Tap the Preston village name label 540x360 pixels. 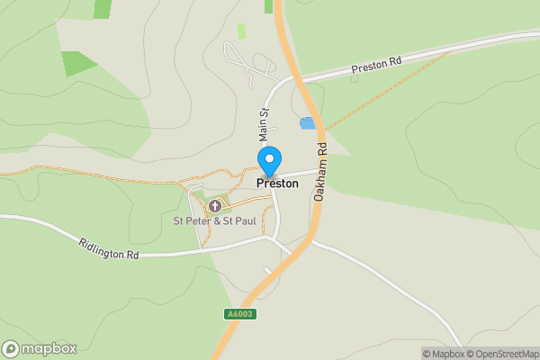point(277,183)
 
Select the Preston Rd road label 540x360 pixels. point(376,65)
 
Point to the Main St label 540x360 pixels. point(265,124)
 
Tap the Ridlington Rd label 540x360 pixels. point(109,249)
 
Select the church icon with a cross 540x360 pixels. point(215,205)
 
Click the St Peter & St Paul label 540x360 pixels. point(214,220)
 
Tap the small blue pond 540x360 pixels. point(307,122)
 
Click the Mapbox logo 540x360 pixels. point(40,348)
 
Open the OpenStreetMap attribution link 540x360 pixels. point(499,354)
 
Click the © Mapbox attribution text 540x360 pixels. point(442,354)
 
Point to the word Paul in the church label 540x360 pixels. point(244,220)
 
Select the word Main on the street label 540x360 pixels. point(265,130)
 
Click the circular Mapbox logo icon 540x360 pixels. point(12,348)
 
